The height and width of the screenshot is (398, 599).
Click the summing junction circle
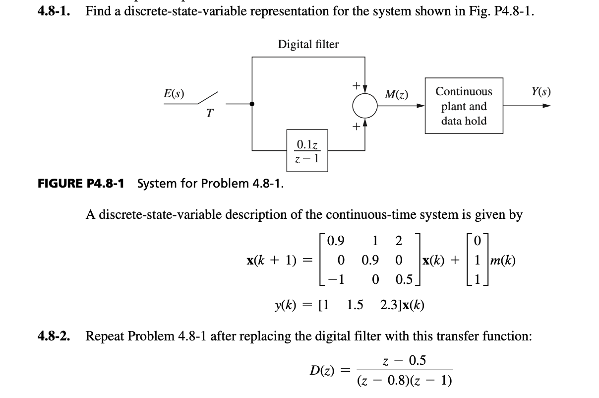point(365,105)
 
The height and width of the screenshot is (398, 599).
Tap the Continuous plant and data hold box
point(464,106)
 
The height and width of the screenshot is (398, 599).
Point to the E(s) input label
point(174,92)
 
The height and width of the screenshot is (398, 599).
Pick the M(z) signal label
point(396,93)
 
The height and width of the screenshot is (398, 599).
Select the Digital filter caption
point(308,45)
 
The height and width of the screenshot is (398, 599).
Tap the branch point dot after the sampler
point(252,104)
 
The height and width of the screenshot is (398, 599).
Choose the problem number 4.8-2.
point(54,336)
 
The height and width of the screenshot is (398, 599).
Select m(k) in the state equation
point(503,260)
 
